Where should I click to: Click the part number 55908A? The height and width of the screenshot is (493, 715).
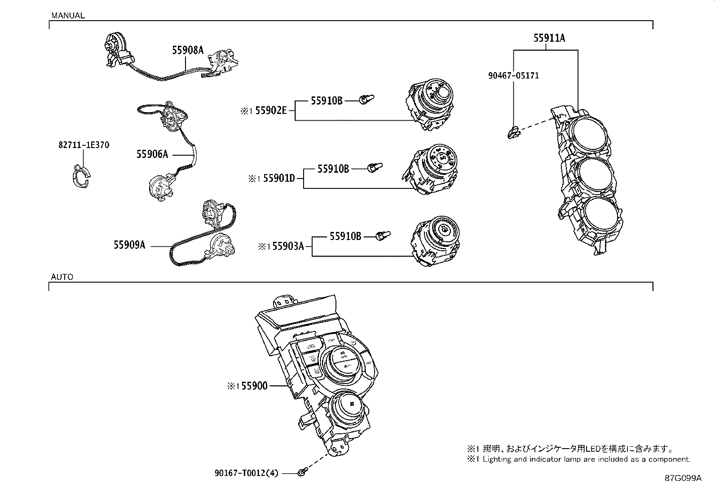click(x=187, y=50)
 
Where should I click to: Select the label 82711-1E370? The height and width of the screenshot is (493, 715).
click(x=84, y=145)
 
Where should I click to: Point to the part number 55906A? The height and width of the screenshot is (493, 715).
click(x=152, y=154)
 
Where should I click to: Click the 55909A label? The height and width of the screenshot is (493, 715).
click(x=129, y=245)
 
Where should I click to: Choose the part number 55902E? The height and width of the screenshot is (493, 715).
click(x=271, y=110)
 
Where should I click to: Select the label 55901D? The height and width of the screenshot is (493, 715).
click(x=279, y=179)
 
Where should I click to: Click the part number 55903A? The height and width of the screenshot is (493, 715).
click(x=288, y=246)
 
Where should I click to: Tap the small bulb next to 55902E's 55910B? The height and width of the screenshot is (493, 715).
click(x=366, y=99)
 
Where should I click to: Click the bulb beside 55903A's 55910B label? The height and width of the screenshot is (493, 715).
click(x=383, y=235)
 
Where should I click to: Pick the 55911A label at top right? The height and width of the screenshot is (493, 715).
click(x=549, y=38)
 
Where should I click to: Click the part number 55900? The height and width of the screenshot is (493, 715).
click(x=254, y=386)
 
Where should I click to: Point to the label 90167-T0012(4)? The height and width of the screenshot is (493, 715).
click(x=247, y=473)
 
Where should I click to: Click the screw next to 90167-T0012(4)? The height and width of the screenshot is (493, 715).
click(x=302, y=471)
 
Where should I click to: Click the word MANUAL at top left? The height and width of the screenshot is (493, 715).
click(x=68, y=15)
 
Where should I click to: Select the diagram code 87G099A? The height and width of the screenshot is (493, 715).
click(x=683, y=478)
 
